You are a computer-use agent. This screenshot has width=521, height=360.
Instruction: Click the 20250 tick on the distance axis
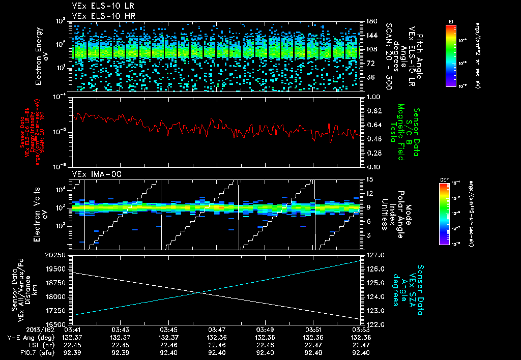(58, 255)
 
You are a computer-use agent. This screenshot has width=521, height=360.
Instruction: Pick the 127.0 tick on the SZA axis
(374, 255)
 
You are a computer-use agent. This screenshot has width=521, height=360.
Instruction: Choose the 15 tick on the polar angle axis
(369, 179)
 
